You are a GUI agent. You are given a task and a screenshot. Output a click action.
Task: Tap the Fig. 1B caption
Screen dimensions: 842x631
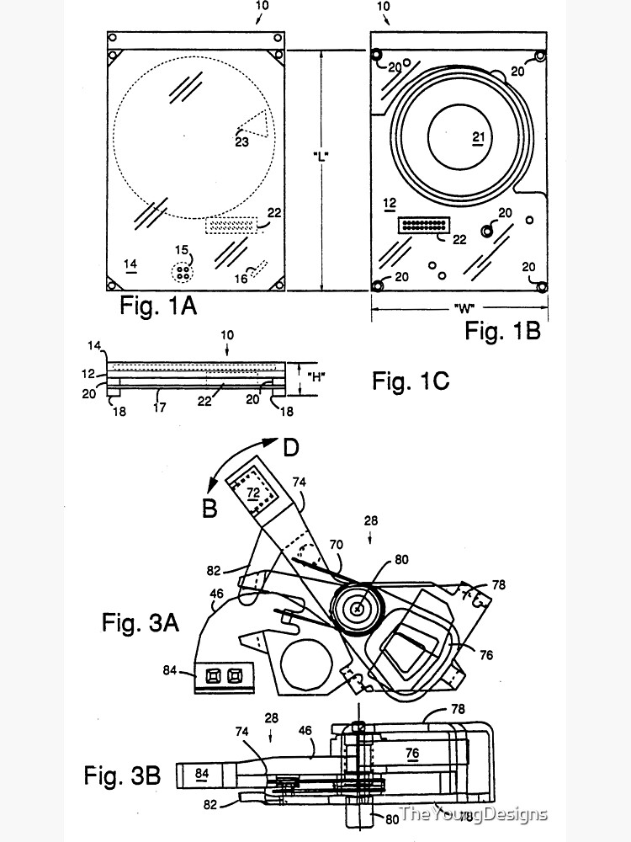[x=502, y=330]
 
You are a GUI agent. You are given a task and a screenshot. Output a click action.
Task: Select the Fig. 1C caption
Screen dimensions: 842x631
[x=411, y=381]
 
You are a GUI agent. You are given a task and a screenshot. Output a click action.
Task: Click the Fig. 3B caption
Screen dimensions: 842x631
[x=122, y=775]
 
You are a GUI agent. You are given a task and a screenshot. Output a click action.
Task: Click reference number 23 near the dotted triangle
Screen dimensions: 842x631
[x=241, y=142]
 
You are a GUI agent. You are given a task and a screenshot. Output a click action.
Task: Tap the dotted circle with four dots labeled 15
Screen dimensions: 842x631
[x=182, y=272]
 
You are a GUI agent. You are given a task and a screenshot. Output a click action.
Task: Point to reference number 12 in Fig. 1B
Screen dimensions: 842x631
[x=389, y=203]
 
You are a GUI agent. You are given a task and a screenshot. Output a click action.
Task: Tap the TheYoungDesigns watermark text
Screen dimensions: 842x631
[x=473, y=813]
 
